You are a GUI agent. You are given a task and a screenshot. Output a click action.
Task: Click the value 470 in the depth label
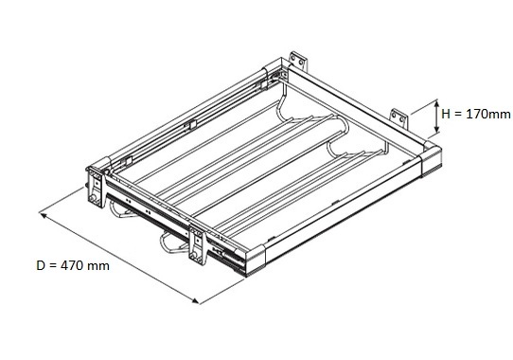72,265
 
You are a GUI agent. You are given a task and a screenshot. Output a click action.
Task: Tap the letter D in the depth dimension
41,265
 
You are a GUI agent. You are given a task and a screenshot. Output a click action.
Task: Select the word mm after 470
98,266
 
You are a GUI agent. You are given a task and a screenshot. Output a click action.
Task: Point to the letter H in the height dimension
446,114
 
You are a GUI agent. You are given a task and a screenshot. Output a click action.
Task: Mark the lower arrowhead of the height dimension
436,130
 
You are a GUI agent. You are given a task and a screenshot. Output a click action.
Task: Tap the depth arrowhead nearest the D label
43,214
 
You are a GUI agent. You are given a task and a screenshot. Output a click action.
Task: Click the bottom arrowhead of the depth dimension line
195,301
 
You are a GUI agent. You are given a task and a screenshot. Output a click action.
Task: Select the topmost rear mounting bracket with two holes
298,61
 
